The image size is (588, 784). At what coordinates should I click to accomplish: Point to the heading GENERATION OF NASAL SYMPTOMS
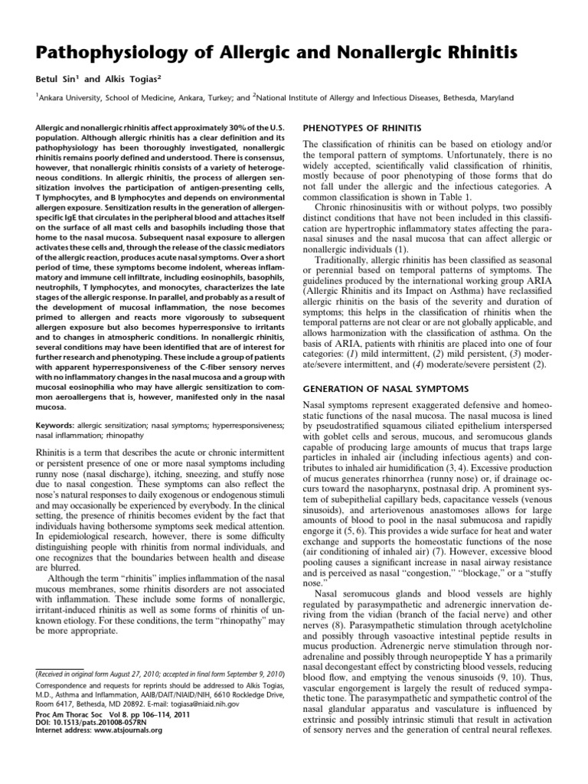point(385,390)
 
